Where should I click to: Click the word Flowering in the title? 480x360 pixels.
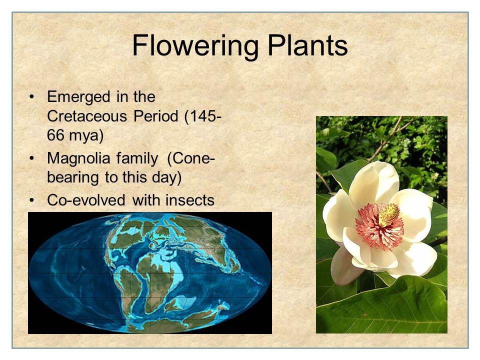[x=195, y=46]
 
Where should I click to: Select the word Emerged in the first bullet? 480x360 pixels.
[x=78, y=97]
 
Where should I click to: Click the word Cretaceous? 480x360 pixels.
[x=87, y=116]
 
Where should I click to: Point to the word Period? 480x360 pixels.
[x=156, y=116]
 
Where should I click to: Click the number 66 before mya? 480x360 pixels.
[x=55, y=135]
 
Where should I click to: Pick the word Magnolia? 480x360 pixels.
[x=78, y=159]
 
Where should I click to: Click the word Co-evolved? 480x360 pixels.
[x=86, y=200]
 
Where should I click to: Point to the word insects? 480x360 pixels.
[x=190, y=200]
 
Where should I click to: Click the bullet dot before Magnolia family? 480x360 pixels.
[x=31, y=158]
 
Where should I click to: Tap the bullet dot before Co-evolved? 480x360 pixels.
[x=31, y=200]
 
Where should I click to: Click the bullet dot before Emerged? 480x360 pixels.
[x=31, y=97]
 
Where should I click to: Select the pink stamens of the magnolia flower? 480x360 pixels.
[x=379, y=226]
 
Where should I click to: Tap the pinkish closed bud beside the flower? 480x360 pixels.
[x=344, y=265]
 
